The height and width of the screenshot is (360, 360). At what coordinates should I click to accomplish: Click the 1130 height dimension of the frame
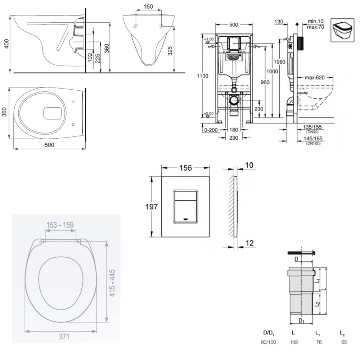pos(204,76)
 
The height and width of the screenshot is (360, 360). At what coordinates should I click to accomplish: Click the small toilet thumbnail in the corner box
pos(343,31)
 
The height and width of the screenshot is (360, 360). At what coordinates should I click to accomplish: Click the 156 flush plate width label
pos(185,168)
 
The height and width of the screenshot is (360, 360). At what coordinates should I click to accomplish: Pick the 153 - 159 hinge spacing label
pos(60,225)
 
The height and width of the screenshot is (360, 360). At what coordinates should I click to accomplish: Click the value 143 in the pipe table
pos(293,342)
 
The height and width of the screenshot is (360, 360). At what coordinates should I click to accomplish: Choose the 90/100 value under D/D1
pos(268,342)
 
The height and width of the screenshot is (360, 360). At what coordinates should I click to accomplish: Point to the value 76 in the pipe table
pos(319,342)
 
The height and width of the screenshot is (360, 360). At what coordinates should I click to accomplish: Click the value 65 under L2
pos(344,342)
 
